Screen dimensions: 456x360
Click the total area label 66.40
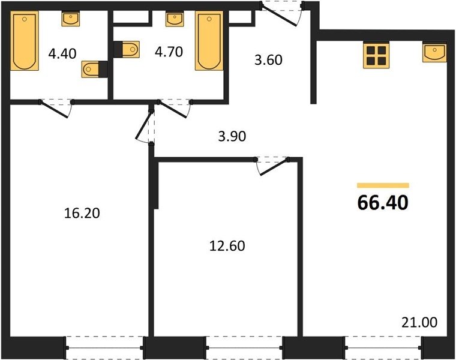click(x=383, y=203)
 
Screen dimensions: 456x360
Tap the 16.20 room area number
click(x=82, y=213)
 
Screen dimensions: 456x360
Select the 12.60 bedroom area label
click(x=227, y=246)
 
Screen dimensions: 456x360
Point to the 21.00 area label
click(x=419, y=322)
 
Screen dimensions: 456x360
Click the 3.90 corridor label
click(x=232, y=136)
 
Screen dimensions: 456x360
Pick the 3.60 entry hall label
click(x=268, y=60)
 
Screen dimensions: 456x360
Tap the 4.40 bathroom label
click(x=62, y=53)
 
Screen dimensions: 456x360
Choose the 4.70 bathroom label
click(x=169, y=52)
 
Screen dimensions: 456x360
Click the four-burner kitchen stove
click(x=376, y=56)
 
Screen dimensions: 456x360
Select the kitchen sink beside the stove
click(x=434, y=53)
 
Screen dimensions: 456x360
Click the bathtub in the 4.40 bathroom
click(x=25, y=41)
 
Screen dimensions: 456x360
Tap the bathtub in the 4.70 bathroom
click(x=209, y=41)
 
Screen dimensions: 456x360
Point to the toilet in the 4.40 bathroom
click(x=94, y=69)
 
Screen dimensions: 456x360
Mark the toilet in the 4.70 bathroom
click(x=127, y=49)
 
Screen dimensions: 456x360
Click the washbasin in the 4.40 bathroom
click(x=70, y=19)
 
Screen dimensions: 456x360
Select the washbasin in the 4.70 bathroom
click(x=175, y=19)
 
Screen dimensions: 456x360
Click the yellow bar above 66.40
click(x=383, y=185)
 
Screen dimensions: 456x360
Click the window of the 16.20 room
click(x=104, y=348)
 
